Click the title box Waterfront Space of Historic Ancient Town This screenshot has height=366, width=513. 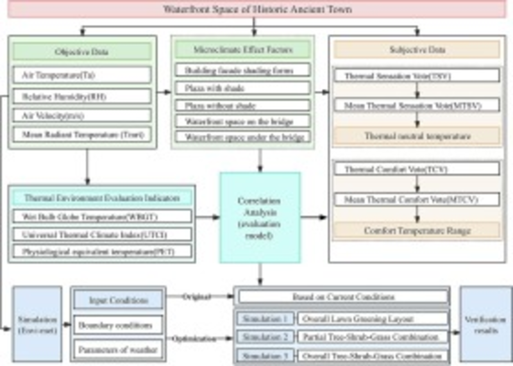click(x=257, y=10)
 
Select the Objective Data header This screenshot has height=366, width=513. click(x=81, y=51)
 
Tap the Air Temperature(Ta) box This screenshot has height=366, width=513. click(x=81, y=75)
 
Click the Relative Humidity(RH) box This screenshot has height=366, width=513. click(x=81, y=96)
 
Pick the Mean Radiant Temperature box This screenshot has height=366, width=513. click(x=81, y=135)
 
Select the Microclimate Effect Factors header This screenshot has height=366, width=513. click(x=242, y=49)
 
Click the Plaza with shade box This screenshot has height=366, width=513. click(x=242, y=87)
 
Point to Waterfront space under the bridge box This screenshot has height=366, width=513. click(x=242, y=137)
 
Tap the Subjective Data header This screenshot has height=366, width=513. click(x=417, y=50)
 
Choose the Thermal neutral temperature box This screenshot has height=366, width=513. click(x=417, y=136)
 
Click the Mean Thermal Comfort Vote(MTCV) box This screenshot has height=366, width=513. click(x=417, y=200)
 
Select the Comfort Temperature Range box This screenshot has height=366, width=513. click(x=417, y=229)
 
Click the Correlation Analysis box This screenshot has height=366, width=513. click(x=260, y=218)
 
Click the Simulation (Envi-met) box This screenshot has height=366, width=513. click(x=37, y=324)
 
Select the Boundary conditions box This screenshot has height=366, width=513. click(x=117, y=324)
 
